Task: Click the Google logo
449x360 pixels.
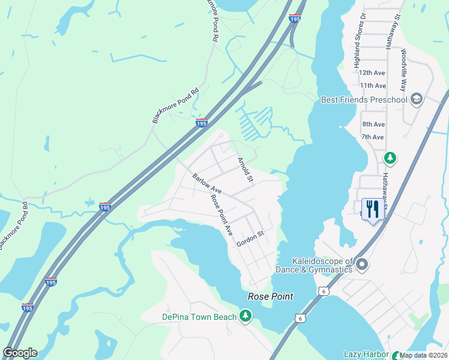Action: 20,353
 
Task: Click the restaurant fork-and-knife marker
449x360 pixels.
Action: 373,209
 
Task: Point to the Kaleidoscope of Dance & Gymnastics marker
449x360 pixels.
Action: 362,264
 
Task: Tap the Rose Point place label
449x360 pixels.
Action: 271,296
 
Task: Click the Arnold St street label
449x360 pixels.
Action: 245,170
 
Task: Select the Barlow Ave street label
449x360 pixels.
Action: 207,184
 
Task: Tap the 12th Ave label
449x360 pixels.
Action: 373,73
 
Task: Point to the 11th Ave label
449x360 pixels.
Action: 373,86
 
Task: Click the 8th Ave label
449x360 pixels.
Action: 373,124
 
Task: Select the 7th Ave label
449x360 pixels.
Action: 373,137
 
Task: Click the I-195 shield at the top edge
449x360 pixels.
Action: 294,19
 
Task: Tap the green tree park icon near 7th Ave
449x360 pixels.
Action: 390,158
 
